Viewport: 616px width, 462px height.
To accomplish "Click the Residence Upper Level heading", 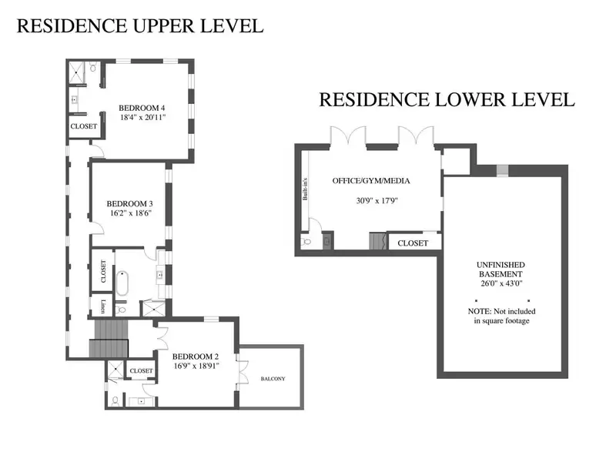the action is coord(140,26).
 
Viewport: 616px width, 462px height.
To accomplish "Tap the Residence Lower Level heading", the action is coord(447,100).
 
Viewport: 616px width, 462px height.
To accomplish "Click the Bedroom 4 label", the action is coord(142,108).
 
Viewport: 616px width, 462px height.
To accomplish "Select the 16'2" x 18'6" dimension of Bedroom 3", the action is coord(131,213).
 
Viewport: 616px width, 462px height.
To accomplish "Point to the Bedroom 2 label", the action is coord(196,357).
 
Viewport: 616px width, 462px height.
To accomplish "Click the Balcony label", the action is coord(273,379).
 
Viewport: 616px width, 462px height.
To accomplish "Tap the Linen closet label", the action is coord(103,306).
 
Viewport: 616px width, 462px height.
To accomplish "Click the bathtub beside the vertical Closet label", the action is coord(122,283).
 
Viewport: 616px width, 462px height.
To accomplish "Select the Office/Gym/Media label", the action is coord(371,181).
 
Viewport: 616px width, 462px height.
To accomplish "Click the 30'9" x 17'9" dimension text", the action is coord(377,201).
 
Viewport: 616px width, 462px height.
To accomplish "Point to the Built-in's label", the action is coord(305,189).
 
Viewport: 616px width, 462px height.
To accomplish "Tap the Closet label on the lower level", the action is coord(413,243).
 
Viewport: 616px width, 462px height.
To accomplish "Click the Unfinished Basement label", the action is coord(500,269).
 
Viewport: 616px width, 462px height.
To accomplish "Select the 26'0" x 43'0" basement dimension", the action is coord(501,283).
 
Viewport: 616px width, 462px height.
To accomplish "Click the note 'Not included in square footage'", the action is coord(502,316).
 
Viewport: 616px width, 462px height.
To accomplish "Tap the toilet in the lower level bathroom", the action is coord(305,241).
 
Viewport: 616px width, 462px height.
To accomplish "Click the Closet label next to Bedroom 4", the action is coord(84,126).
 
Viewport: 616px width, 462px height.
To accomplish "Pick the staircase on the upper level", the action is coord(109,338).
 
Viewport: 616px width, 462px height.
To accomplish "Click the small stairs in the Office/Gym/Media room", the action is coord(377,241).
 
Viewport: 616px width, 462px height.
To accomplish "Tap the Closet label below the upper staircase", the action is coord(142,371).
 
